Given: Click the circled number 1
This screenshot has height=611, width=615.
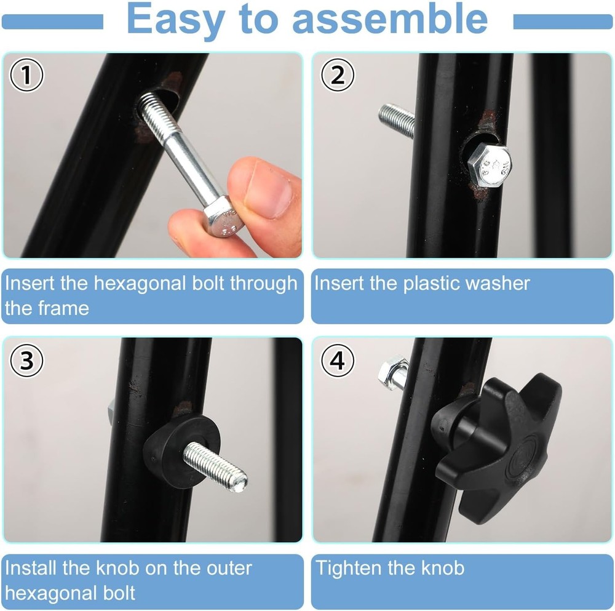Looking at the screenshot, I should point(26,76).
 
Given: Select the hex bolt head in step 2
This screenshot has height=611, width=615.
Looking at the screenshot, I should point(490,166).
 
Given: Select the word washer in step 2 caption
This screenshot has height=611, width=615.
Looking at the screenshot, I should point(498,284).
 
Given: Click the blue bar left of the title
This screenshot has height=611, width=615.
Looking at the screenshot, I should point(52,22).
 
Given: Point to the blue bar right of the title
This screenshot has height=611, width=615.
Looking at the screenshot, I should point(563,22).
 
